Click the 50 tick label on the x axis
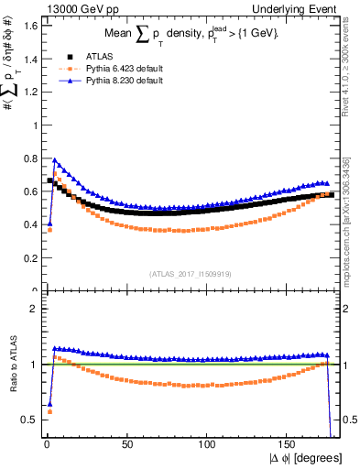127,445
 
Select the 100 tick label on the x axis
208,445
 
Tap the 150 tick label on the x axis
289,445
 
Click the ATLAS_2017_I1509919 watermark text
189,272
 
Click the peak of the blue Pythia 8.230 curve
54,159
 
